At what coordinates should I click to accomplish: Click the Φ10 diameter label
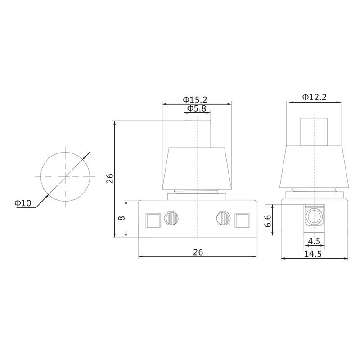(23, 203)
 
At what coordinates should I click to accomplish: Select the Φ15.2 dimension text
(195, 99)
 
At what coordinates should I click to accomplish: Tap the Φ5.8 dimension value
(197, 108)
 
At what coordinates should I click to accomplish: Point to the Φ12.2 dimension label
(314, 97)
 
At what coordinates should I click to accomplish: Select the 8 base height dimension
(121, 218)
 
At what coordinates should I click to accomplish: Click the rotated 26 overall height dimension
(109, 179)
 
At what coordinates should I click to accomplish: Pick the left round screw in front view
(171, 219)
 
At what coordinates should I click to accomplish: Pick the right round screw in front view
(223, 219)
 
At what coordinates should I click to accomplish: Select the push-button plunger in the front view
(197, 133)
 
